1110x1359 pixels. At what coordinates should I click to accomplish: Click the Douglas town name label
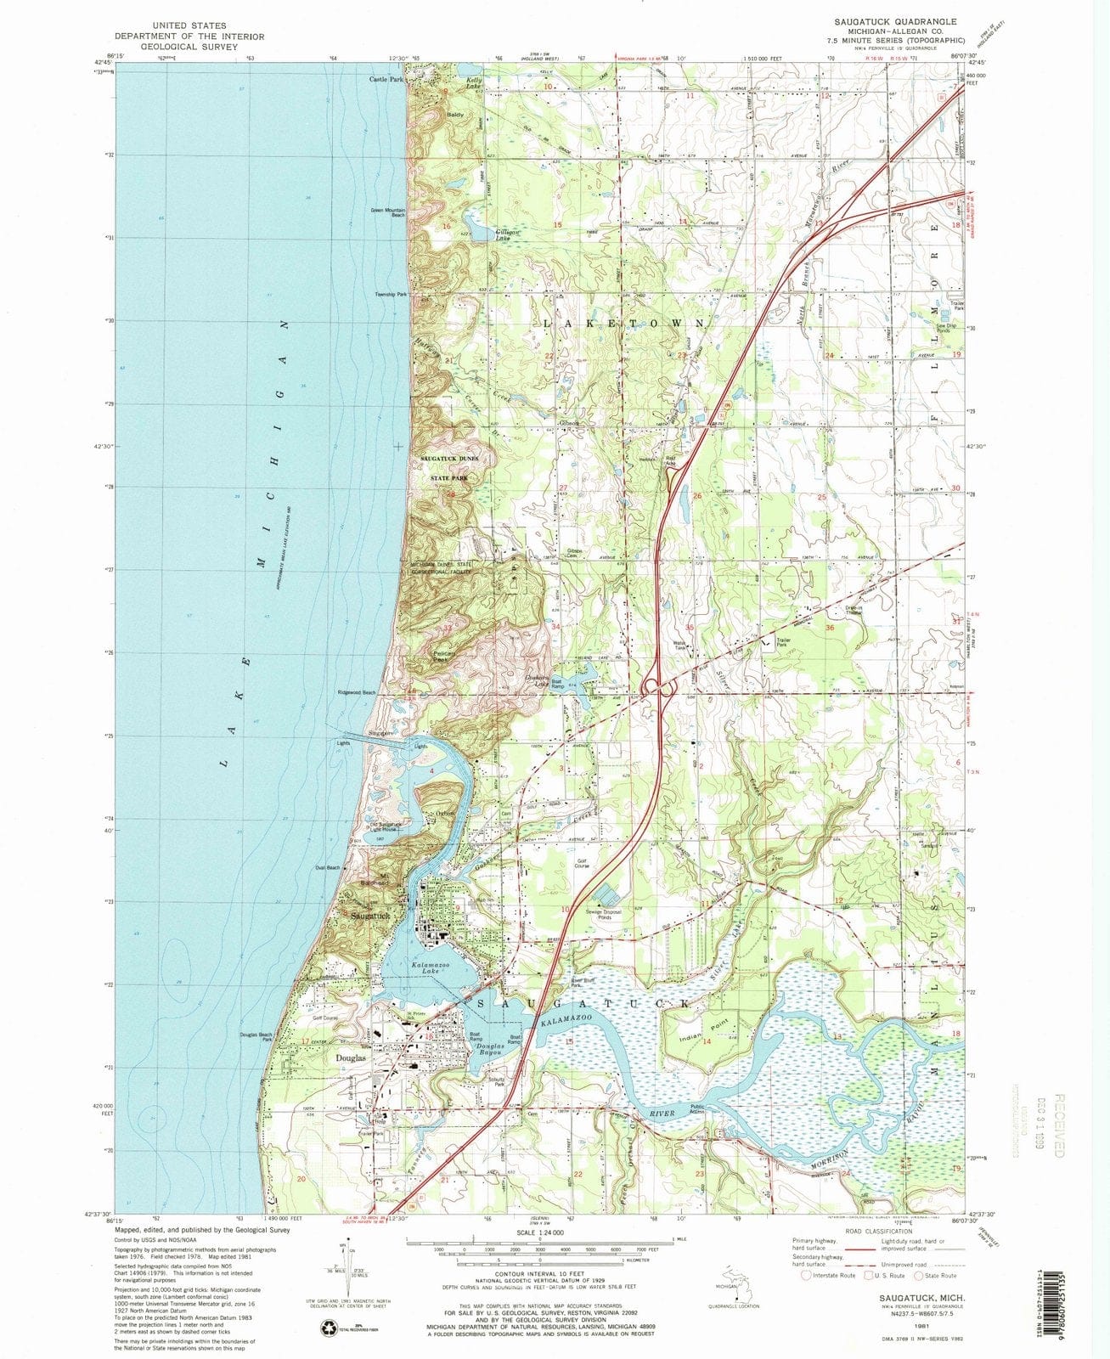pyautogui.click(x=351, y=1059)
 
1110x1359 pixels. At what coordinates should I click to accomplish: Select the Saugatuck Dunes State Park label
pyautogui.click(x=449, y=468)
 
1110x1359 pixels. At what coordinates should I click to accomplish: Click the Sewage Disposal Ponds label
pyautogui.click(x=604, y=916)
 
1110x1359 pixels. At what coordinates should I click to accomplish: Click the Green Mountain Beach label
pyautogui.click(x=387, y=212)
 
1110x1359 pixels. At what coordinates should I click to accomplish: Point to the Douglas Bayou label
pyautogui.click(x=490, y=1050)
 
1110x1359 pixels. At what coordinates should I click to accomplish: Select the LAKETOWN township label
pyautogui.click(x=623, y=324)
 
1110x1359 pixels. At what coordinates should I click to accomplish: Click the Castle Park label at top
pyautogui.click(x=386, y=79)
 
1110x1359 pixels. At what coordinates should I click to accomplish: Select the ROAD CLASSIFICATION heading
pyautogui.click(x=877, y=1231)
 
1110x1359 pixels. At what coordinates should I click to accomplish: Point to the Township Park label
pyautogui.click(x=392, y=295)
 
